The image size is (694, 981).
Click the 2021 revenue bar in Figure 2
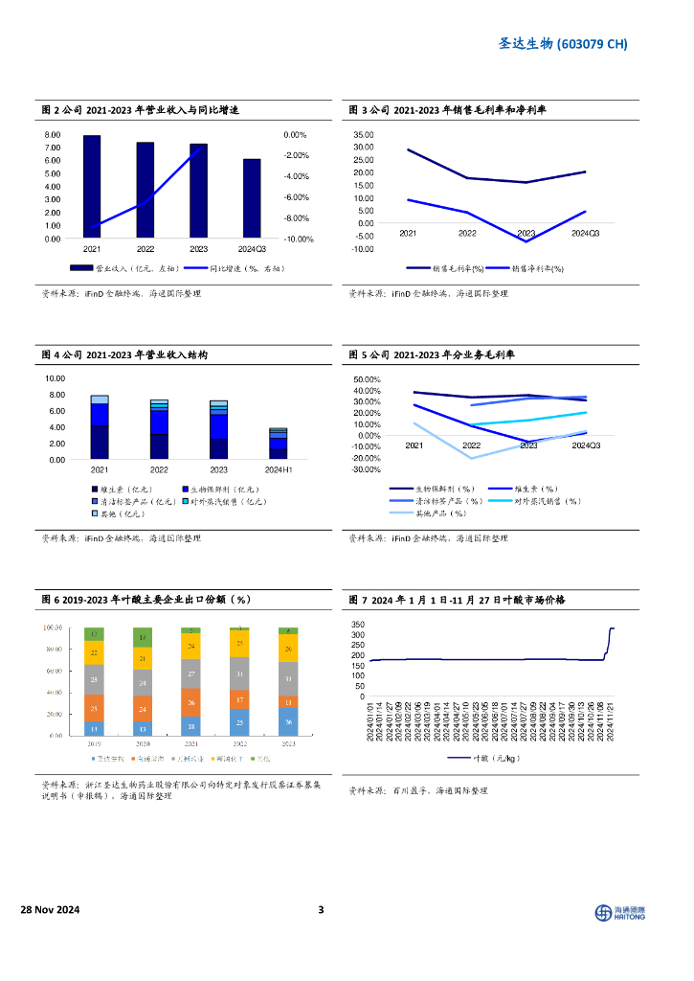tap(92, 187)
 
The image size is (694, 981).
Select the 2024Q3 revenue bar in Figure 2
tap(252, 198)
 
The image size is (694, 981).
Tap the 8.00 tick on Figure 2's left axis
tap(53, 135)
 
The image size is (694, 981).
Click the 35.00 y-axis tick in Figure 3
tap(363, 135)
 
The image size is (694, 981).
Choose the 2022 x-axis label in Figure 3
tap(467, 234)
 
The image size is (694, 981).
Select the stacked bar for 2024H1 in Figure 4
tap(278, 444)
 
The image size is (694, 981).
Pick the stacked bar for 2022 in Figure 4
tap(159, 429)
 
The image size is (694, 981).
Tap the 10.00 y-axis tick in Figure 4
tap(55, 378)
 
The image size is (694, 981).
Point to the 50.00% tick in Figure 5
tap(367, 379)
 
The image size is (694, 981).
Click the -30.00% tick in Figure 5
tap(367, 469)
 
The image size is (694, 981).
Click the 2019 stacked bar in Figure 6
tap(94, 681)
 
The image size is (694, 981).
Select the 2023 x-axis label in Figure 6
tap(287, 743)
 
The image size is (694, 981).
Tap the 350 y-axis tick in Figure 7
tap(358, 623)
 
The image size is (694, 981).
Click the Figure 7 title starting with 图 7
tap(457, 600)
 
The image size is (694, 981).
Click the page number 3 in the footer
tap(322, 910)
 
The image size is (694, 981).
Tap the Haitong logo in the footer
tap(620, 912)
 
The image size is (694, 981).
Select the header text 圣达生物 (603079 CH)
tap(565, 44)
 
